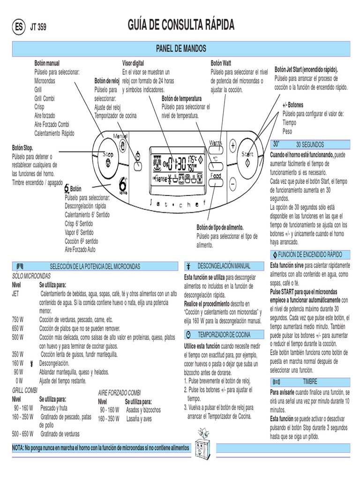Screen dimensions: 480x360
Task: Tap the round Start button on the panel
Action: tap(247, 158)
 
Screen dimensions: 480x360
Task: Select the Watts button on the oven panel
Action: tap(216, 143)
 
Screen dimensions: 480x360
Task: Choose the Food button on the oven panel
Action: tap(216, 176)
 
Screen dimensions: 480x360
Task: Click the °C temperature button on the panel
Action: tap(216, 159)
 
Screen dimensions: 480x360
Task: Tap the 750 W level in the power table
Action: tap(17, 319)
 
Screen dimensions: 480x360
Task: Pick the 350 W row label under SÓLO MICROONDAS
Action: tap(17, 354)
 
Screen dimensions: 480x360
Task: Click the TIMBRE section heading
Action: tap(310, 382)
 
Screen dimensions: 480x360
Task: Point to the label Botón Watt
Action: tap(221, 63)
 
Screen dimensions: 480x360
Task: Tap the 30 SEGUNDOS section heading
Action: tap(310, 145)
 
